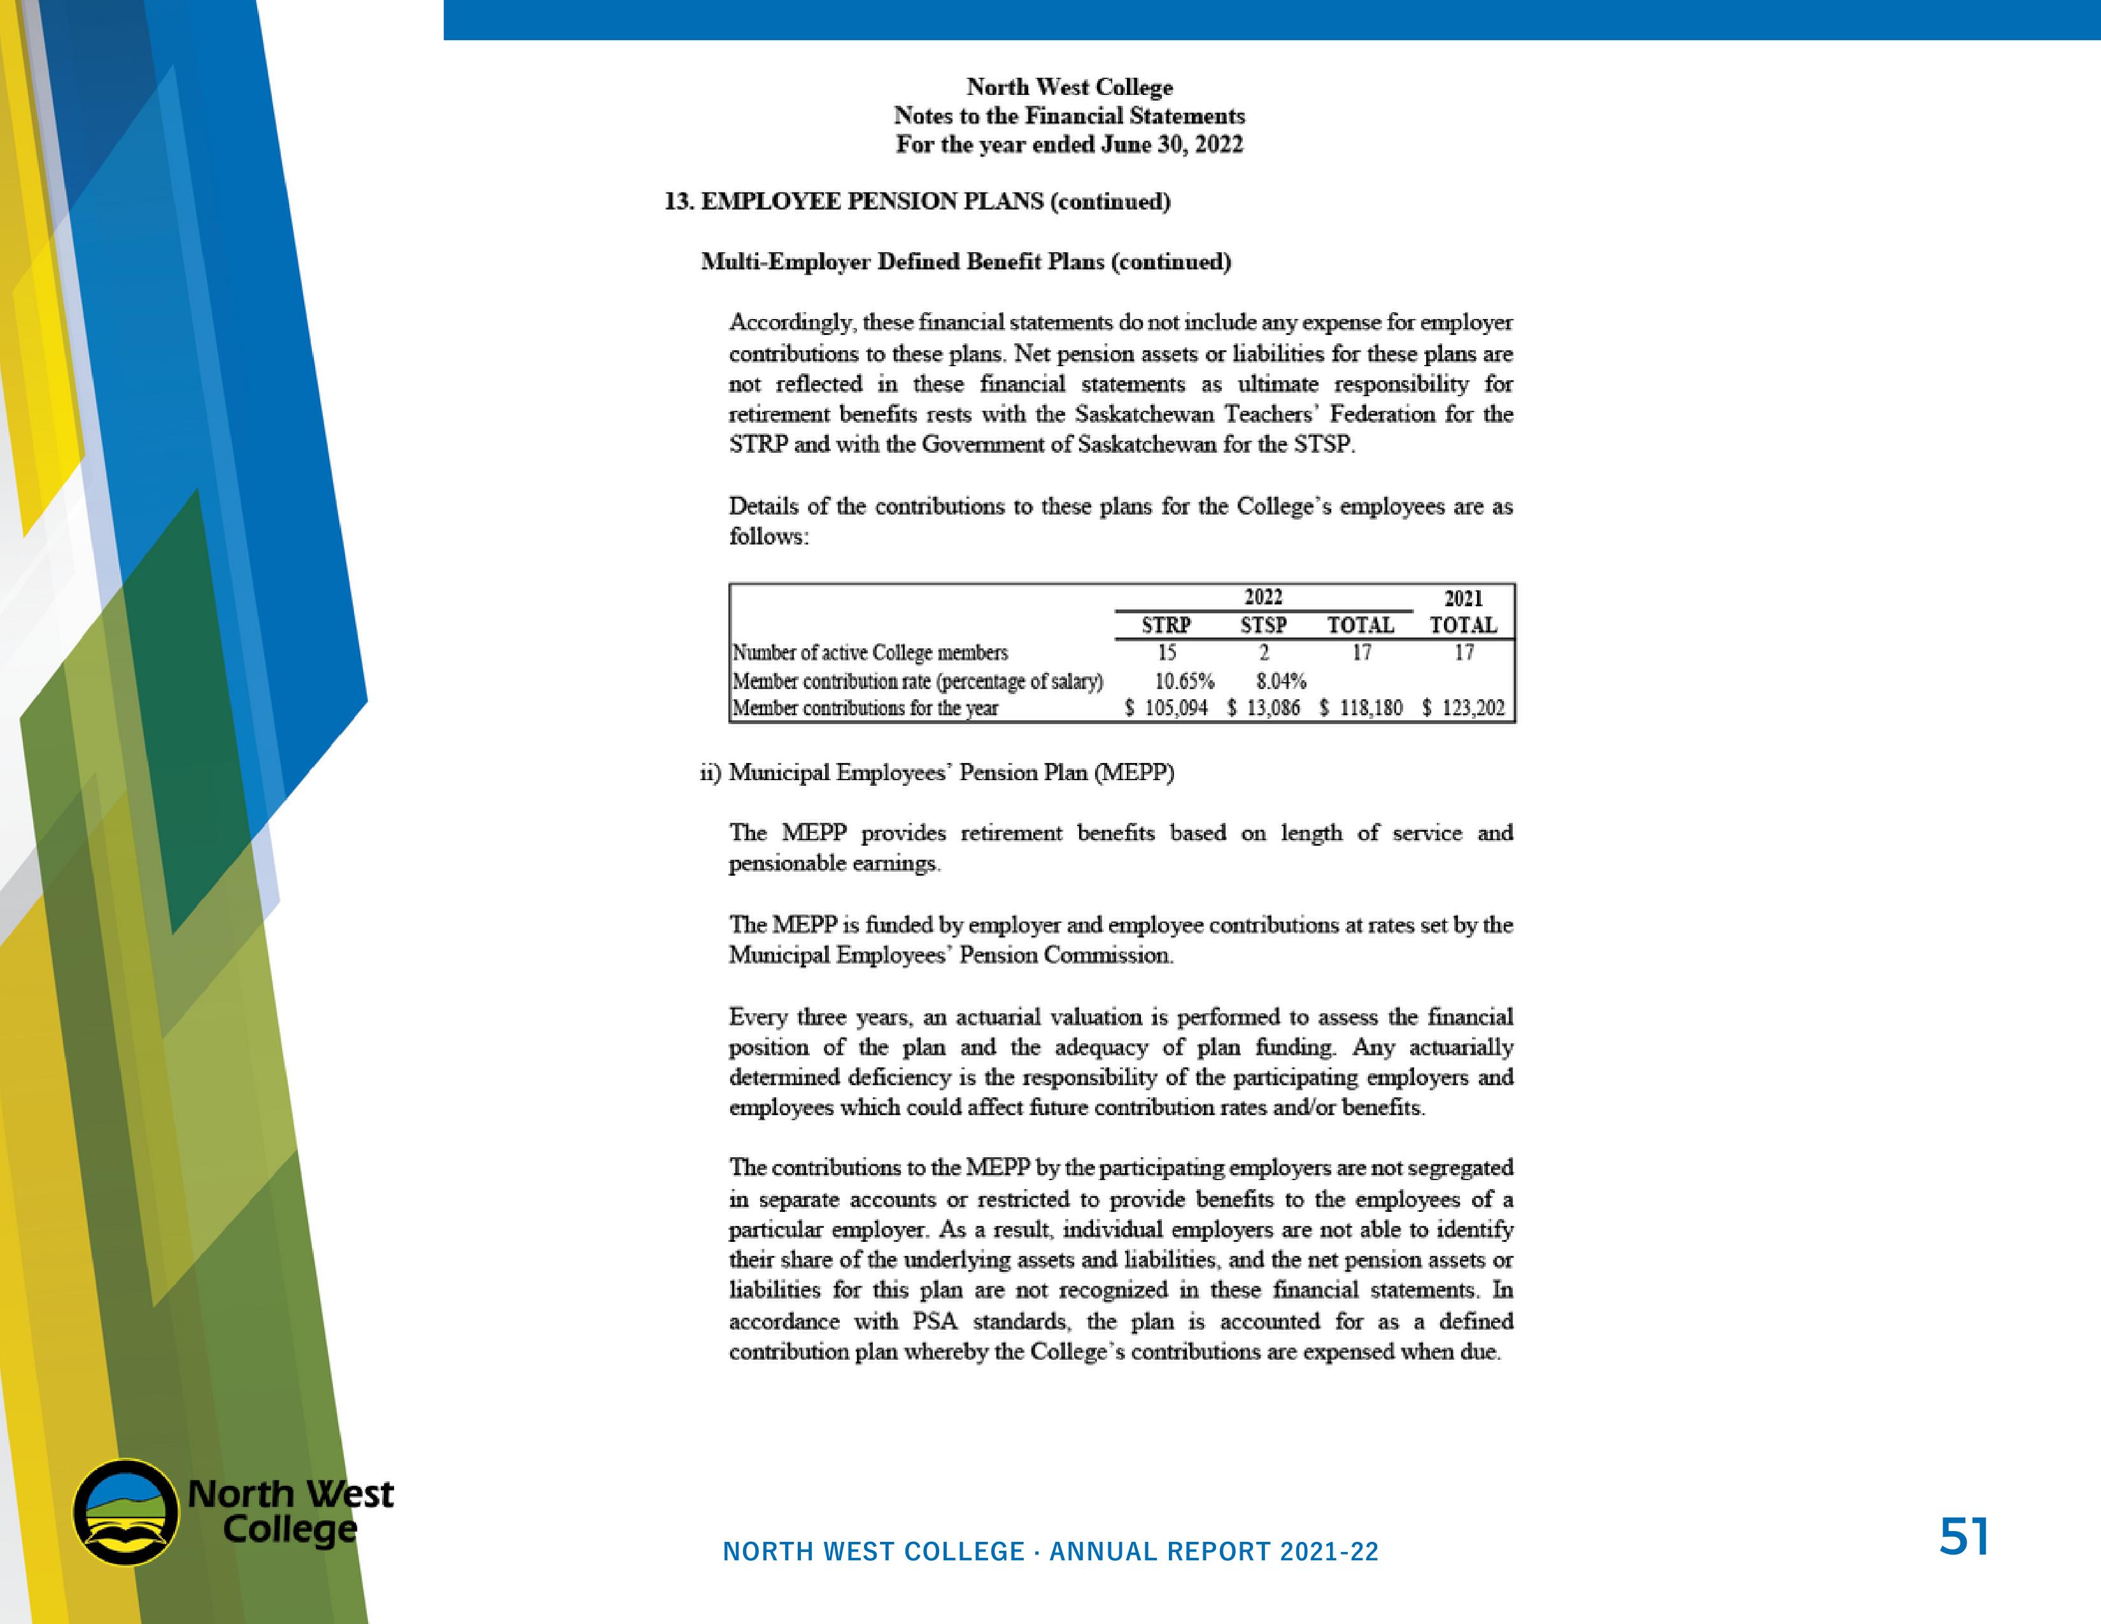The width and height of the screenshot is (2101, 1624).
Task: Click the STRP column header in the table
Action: pos(1166,625)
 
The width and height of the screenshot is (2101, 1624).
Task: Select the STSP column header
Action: pos(1263,625)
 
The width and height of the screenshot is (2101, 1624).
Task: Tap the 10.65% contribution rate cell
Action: pos(1184,681)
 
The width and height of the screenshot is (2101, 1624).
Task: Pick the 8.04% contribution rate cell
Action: pos(1280,681)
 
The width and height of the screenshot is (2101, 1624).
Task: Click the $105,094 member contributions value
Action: pos(1167,708)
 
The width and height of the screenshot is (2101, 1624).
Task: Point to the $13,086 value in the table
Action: pos(1264,708)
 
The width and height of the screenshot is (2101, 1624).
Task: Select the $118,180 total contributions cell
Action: pos(1361,708)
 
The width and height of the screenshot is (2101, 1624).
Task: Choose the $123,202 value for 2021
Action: pos(1463,708)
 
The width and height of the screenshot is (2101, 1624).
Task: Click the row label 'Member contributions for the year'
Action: pos(865,708)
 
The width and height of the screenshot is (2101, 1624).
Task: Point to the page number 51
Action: pos(1963,1537)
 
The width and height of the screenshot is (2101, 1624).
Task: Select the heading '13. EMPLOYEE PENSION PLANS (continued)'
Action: pos(917,201)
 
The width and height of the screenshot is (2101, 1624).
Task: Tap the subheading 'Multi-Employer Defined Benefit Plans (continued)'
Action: pos(966,262)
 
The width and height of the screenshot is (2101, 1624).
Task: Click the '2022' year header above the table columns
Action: pos(1263,597)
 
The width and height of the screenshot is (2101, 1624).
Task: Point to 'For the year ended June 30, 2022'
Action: pos(1069,145)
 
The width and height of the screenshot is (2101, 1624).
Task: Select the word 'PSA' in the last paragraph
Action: pos(934,1321)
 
